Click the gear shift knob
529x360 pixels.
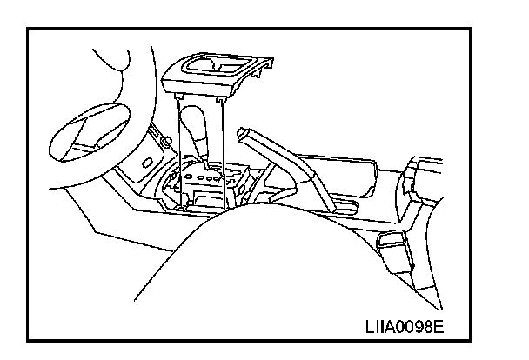click(x=195, y=126)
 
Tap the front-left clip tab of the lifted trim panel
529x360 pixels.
click(x=177, y=97)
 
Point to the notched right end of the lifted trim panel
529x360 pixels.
click(x=261, y=67)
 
